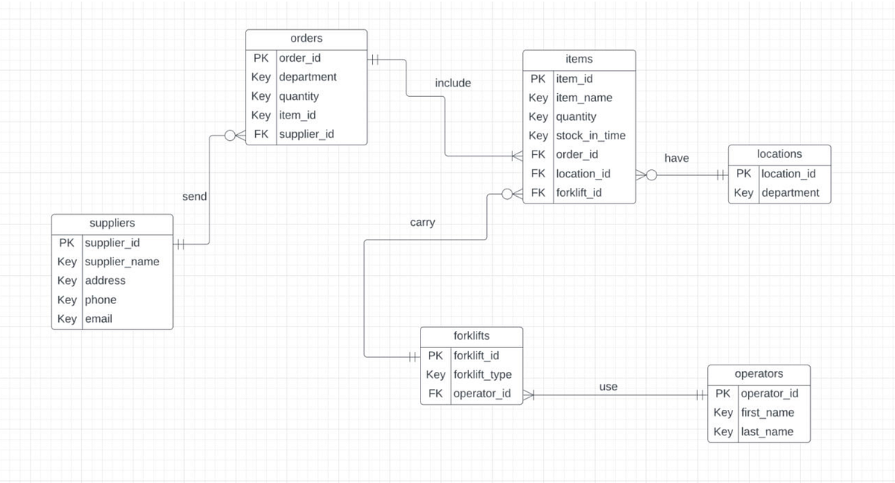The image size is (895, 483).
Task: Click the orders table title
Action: (x=306, y=38)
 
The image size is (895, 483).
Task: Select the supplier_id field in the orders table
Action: (x=306, y=134)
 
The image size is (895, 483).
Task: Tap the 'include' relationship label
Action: (x=453, y=83)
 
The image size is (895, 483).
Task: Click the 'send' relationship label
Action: (x=195, y=196)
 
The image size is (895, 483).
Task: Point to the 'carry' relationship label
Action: (x=422, y=222)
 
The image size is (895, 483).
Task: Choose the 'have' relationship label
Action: (x=676, y=158)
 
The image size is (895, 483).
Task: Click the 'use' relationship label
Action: (x=608, y=387)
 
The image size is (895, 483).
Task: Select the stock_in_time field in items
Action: (x=590, y=136)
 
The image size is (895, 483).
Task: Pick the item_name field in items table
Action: (x=583, y=98)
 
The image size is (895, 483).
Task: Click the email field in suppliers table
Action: (x=98, y=318)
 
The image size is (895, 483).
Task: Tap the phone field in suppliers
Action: (x=101, y=300)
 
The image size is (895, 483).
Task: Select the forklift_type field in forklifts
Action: (x=483, y=374)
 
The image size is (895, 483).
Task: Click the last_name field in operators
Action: (x=767, y=432)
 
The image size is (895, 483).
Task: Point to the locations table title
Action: (x=779, y=154)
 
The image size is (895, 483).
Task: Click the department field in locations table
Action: (x=790, y=192)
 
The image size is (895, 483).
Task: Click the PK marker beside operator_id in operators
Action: (x=723, y=394)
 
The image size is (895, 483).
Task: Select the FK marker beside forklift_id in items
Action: (x=538, y=192)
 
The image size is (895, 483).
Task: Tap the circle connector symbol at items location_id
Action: (x=651, y=175)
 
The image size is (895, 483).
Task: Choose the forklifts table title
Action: (x=471, y=336)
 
